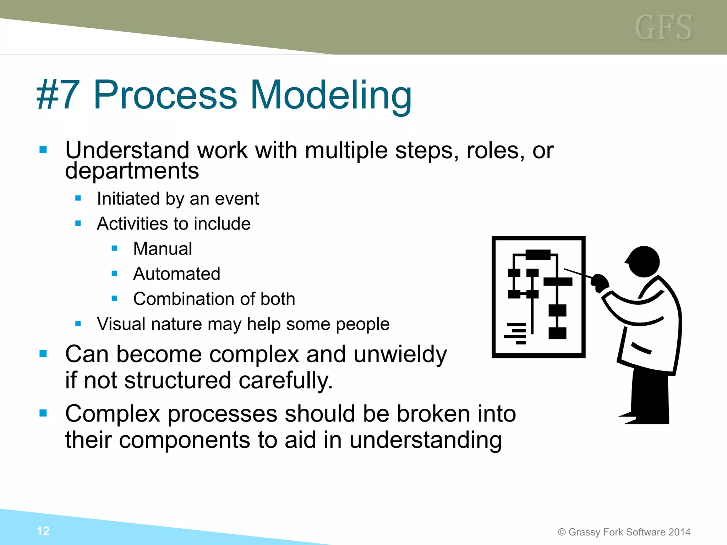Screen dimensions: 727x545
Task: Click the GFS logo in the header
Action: tap(663, 28)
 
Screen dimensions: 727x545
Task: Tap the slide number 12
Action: tap(43, 531)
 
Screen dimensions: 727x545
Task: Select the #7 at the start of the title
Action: tap(58, 95)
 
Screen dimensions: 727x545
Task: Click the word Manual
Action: tap(163, 248)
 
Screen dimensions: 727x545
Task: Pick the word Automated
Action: tap(177, 274)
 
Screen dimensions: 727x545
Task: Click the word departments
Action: tap(132, 171)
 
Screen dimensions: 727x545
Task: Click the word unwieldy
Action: tap(400, 355)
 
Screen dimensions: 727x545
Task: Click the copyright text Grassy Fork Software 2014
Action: tap(624, 532)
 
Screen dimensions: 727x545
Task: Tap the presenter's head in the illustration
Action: tap(643, 262)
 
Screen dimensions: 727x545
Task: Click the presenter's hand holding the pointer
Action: tap(600, 283)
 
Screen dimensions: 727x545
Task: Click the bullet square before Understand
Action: tap(43, 149)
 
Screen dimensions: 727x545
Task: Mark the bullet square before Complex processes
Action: tap(43, 413)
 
